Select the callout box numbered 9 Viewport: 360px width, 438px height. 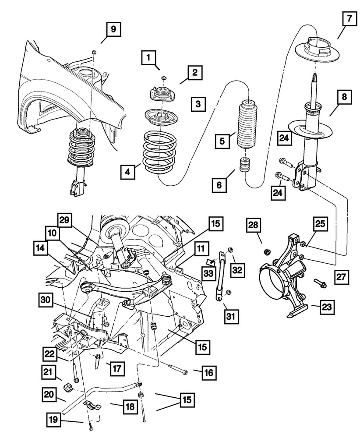click(113, 30)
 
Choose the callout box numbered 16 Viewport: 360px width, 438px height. click(208, 373)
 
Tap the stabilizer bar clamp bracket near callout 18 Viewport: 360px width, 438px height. click(91, 406)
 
